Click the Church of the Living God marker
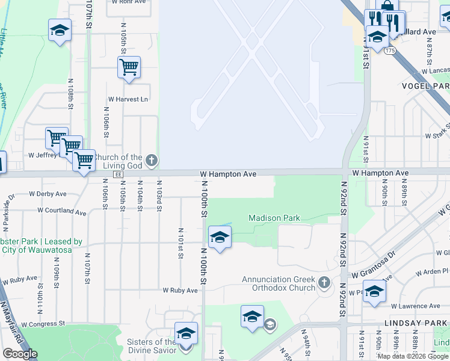tap(152, 160)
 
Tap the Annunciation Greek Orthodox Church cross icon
tap(324, 282)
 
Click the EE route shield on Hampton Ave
tap(119, 174)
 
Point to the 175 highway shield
tap(390, 51)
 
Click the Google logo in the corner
tap(20, 354)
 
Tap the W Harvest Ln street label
tap(128, 99)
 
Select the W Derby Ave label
tap(48, 194)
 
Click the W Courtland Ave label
tap(62, 211)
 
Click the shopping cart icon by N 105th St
tap(129, 68)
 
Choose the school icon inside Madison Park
tap(220, 238)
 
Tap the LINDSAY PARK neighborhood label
tap(424, 323)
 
